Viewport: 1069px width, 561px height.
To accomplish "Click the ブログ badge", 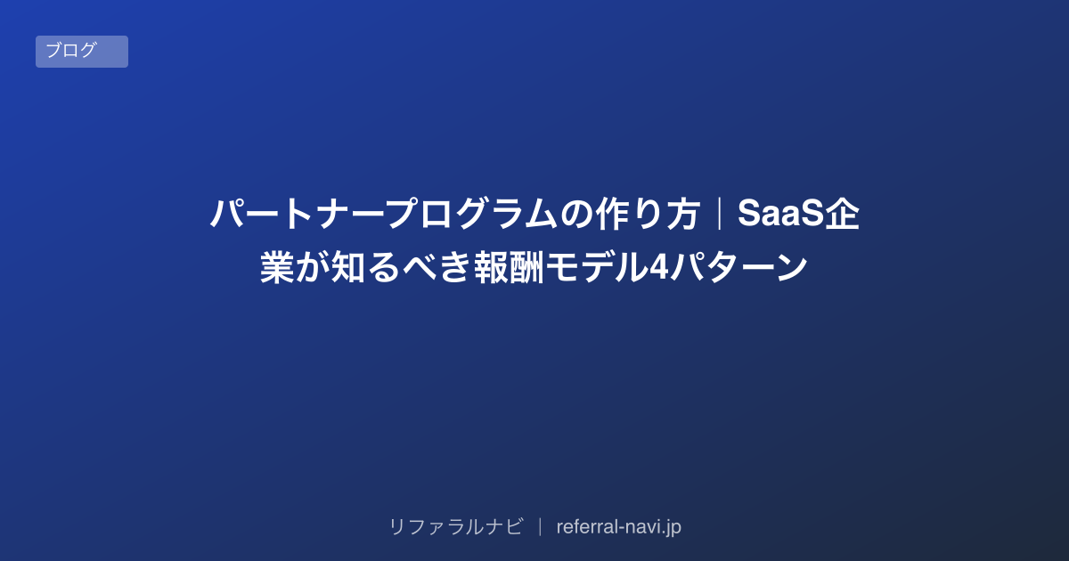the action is [x=82, y=52].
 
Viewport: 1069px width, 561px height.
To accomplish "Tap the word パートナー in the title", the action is [x=297, y=214].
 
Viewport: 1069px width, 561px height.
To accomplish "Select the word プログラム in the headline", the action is [x=471, y=214].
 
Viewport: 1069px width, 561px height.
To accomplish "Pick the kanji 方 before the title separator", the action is [x=683, y=214].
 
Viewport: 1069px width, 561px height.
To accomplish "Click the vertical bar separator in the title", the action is [x=719, y=214].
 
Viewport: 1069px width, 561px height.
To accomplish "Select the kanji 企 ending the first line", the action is [x=843, y=214].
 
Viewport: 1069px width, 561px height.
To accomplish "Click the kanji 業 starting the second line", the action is [x=277, y=267].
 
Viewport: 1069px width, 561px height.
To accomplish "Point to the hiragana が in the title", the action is [x=313, y=267].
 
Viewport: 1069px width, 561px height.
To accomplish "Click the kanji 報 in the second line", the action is [x=491, y=267].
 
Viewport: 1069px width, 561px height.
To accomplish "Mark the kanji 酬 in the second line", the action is [x=526, y=267].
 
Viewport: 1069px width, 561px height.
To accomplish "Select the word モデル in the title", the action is [x=597, y=267].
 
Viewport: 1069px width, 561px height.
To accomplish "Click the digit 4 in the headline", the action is [x=658, y=267].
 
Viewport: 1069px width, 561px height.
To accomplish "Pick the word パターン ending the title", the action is [x=739, y=267].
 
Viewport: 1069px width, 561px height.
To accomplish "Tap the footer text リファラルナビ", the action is [x=456, y=526].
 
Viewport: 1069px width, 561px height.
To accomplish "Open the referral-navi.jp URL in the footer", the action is [x=618, y=527].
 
